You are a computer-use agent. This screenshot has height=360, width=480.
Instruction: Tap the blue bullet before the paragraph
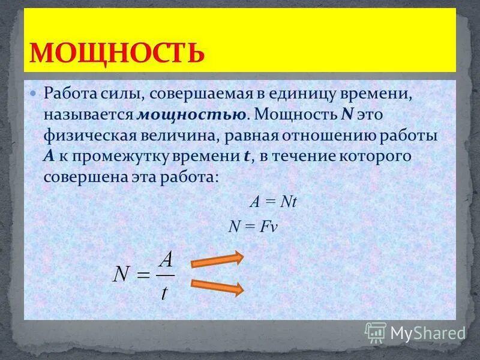pos(34,94)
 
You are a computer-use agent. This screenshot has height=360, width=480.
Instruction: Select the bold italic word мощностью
pos(191,115)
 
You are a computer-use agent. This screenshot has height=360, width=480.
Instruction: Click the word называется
pos(89,115)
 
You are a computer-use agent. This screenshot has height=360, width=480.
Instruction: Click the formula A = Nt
pos(273,202)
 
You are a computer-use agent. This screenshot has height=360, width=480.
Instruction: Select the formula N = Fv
pos(253,226)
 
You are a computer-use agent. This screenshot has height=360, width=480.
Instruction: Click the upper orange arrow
pos(217,259)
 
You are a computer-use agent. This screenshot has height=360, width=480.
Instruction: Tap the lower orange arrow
pos(217,286)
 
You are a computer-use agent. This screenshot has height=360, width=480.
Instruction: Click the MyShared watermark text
pos(428,332)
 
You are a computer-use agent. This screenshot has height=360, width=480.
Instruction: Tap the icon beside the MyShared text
pos(376,332)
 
